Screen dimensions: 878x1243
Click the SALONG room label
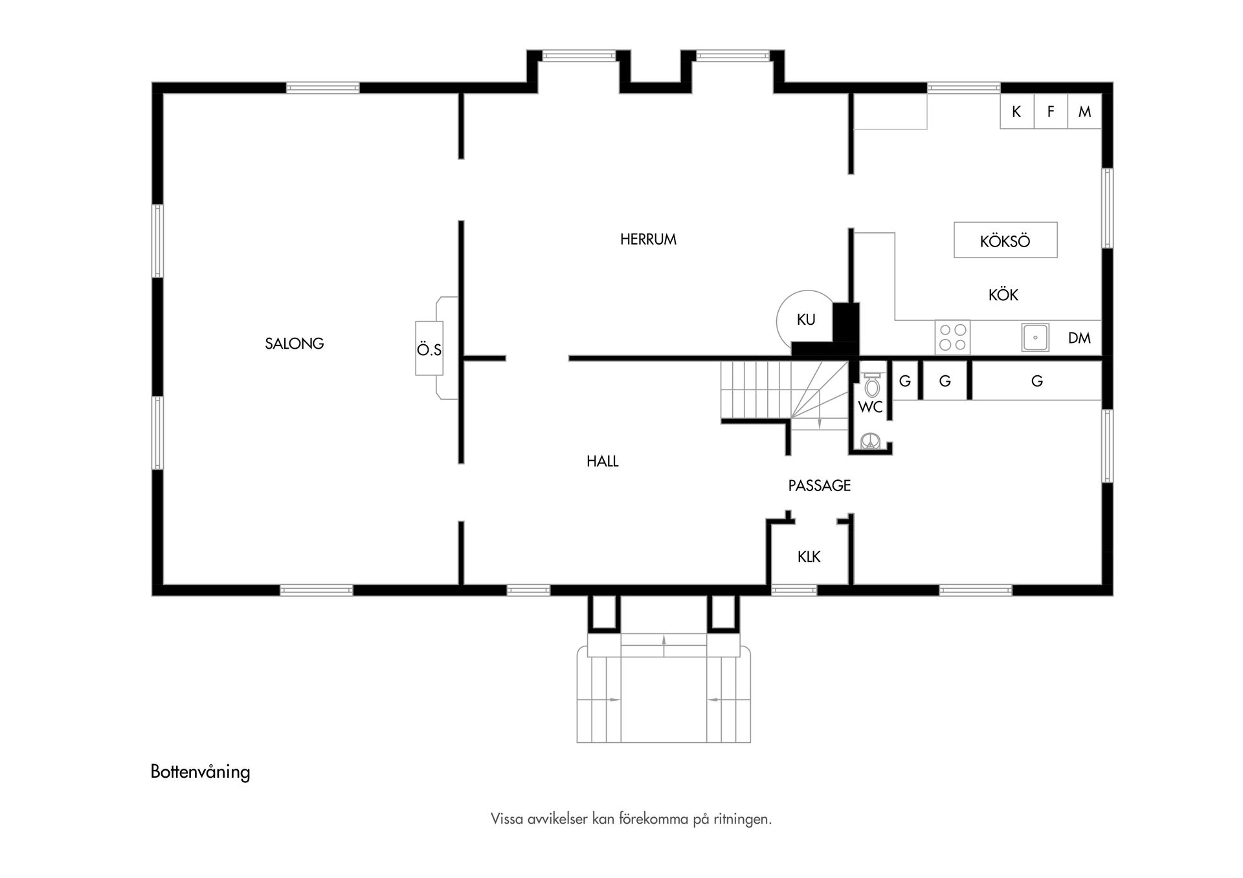click(x=294, y=344)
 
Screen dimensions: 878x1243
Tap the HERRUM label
click(x=648, y=239)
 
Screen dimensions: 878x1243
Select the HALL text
click(x=602, y=461)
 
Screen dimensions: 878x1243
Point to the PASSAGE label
click(x=819, y=485)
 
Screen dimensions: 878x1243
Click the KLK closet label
click(x=809, y=556)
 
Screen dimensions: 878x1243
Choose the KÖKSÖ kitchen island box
click(x=1005, y=241)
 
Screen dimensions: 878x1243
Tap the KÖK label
click(x=1003, y=295)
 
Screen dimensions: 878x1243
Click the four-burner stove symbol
click(x=952, y=337)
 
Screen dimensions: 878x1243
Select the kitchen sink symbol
click(x=1035, y=337)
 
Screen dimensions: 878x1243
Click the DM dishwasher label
click(x=1079, y=338)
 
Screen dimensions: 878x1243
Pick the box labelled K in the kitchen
click(x=1016, y=112)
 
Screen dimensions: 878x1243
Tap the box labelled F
click(x=1050, y=112)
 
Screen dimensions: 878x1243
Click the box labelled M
click(x=1084, y=112)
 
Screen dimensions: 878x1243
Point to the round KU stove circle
click(x=805, y=319)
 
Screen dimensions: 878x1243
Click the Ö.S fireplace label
click(x=429, y=349)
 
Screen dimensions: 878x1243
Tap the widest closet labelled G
click(x=1036, y=381)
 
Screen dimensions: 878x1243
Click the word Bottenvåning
click(x=200, y=772)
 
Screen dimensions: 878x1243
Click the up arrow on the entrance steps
click(x=664, y=640)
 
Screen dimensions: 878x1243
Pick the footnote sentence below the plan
click(x=631, y=819)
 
